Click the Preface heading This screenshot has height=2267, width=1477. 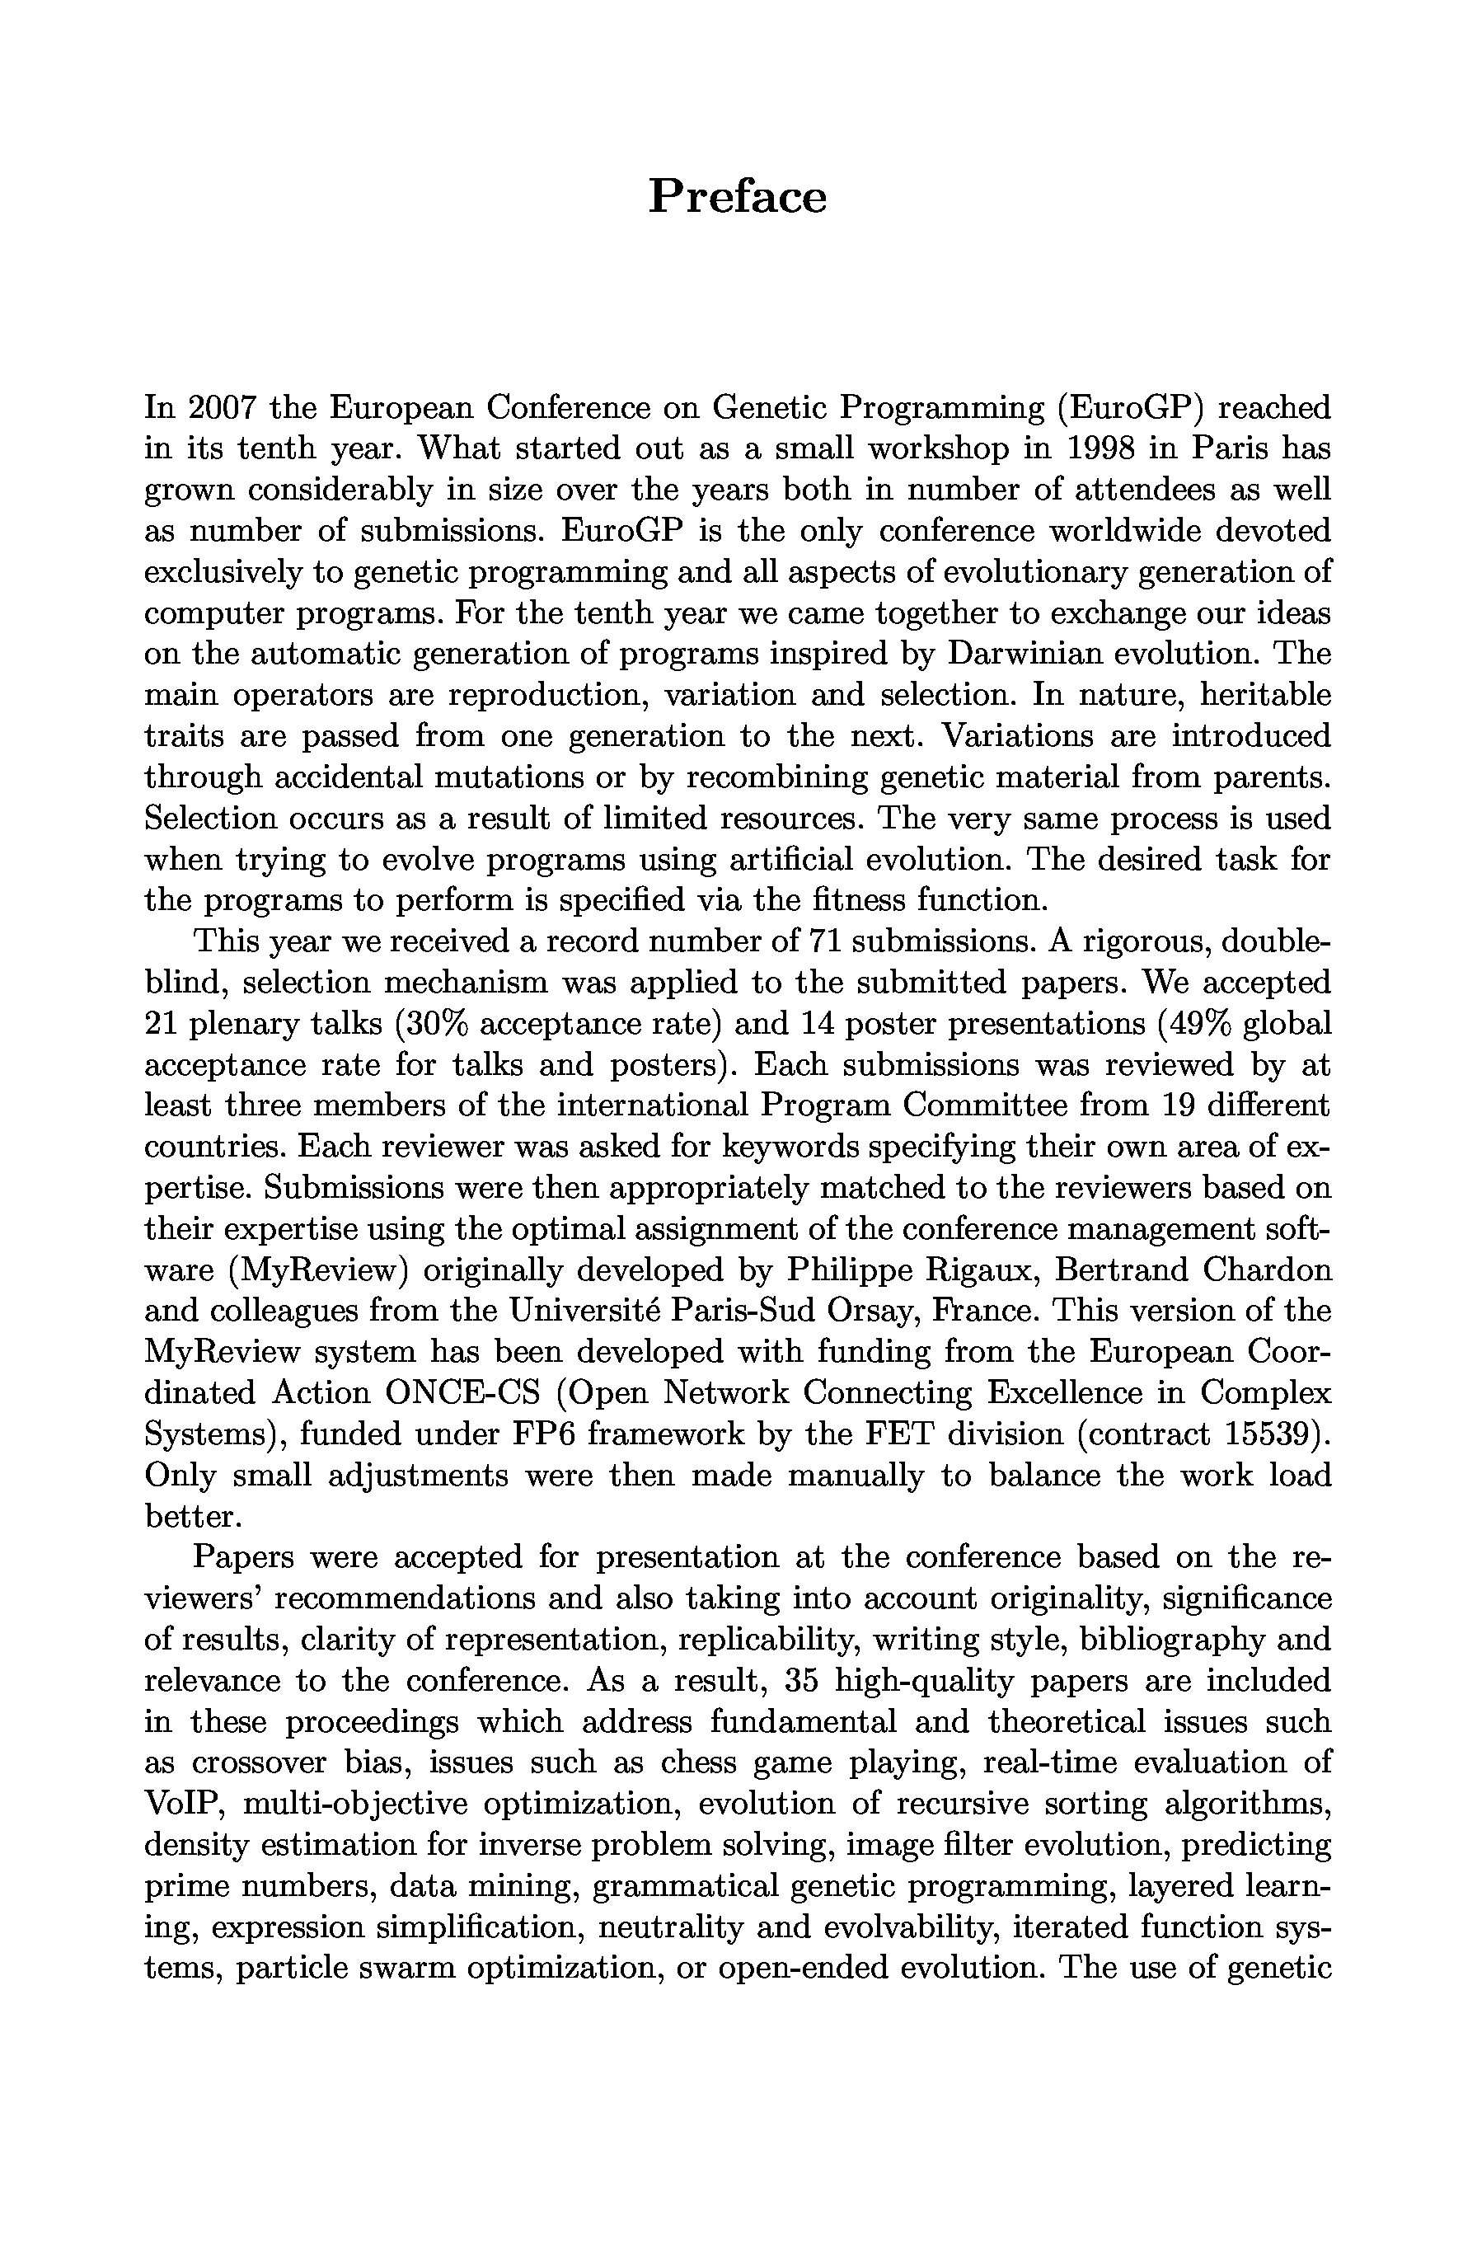click(737, 197)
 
